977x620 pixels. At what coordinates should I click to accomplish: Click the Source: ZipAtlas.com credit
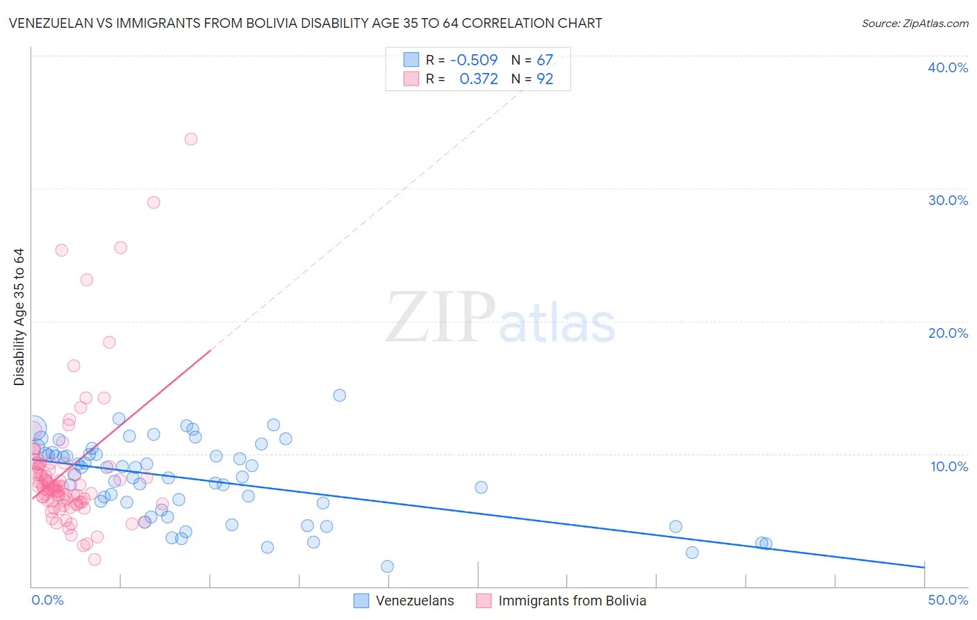tap(914, 23)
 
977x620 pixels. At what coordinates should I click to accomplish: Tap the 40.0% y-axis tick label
tap(948, 67)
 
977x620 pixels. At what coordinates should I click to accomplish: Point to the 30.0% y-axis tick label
tap(948, 200)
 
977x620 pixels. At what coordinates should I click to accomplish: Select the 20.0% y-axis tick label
tap(948, 333)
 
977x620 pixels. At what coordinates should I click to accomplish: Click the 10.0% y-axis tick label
tap(949, 466)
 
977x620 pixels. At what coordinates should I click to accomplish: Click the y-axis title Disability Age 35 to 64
tap(19, 317)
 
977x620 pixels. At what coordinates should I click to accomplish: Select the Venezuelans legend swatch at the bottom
tap(361, 601)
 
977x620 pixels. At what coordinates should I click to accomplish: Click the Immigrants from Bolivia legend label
tap(572, 601)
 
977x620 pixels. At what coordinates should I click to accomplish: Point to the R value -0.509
tap(474, 60)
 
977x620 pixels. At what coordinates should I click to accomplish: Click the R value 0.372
tap(479, 79)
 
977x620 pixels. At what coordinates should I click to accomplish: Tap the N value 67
tap(545, 60)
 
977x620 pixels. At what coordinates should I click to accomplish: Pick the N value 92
tap(545, 79)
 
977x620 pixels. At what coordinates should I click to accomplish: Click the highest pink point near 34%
tap(191, 139)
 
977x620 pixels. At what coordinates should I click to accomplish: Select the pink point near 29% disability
tap(154, 202)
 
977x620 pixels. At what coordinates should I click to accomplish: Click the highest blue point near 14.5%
tap(340, 395)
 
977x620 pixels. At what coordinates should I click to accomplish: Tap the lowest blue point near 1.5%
tap(388, 566)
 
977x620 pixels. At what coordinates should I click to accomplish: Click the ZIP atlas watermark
tap(500, 318)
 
